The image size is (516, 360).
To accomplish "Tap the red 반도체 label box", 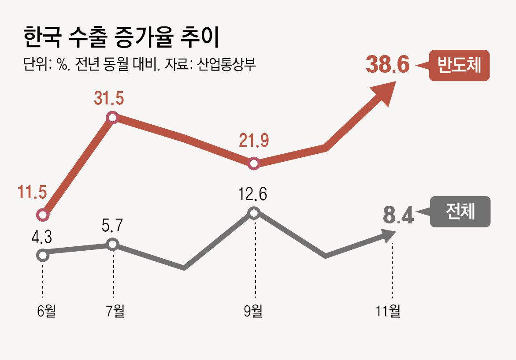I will pos(459,66).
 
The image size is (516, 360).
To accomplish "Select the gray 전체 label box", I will pos(460,212).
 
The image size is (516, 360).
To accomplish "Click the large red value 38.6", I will pos(388,65).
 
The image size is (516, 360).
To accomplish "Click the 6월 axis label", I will pos(46,311).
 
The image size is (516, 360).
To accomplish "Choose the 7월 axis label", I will pos(115,311).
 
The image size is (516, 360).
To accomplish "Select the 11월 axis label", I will pos(388,311).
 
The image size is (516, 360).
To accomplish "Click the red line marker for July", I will pos(113,118).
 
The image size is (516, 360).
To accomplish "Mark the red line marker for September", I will pos(254,164).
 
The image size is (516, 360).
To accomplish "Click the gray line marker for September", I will pos(254,213).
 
